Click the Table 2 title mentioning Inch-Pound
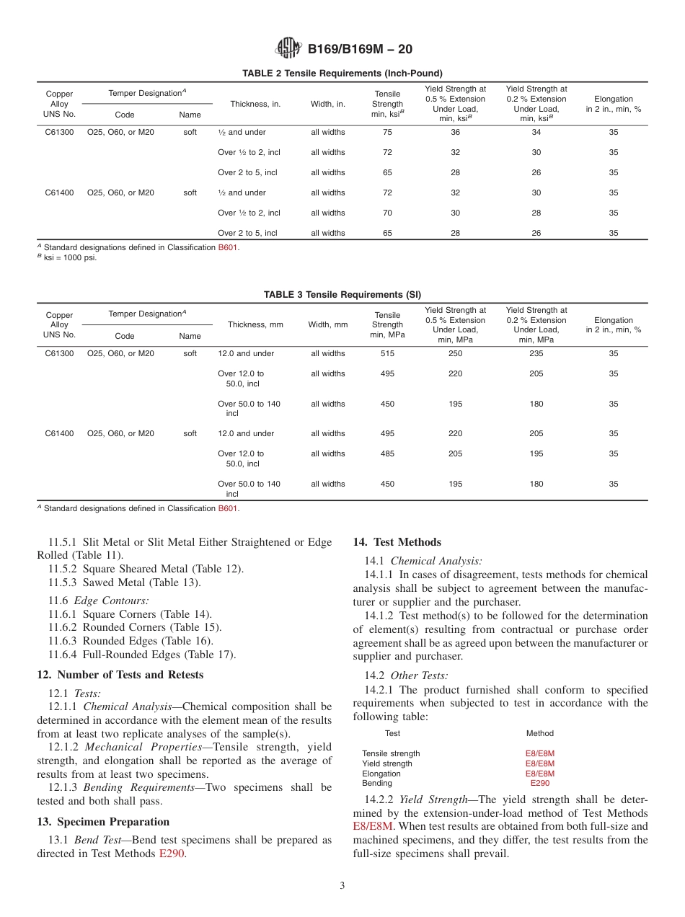tap(342, 74)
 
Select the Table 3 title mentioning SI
tap(342, 295)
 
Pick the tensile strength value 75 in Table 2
tap(387, 133)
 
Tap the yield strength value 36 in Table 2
tap(455, 133)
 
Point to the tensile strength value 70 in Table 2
tap(387, 213)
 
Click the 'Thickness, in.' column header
tap(255, 105)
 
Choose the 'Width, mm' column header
tap(328, 325)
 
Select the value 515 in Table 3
tap(387, 354)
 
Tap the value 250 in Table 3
tap(455, 354)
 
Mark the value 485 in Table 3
tap(387, 454)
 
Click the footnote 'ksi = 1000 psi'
tap(69, 257)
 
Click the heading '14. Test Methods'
tap(397, 542)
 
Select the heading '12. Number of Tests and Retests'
tap(120, 675)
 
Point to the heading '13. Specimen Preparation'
tap(103, 822)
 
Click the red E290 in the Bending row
tap(539, 784)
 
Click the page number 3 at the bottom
tap(342, 886)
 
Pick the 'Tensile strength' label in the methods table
tap(391, 754)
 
